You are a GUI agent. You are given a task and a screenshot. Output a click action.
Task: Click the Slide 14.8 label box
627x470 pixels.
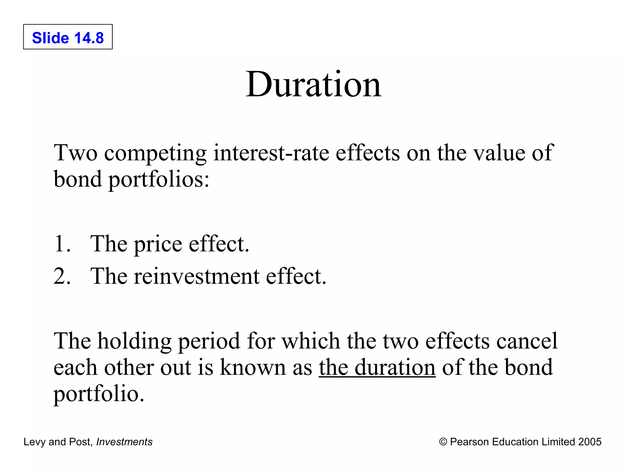coord(68,37)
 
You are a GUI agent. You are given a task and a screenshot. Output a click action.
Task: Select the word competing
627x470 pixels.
coord(155,153)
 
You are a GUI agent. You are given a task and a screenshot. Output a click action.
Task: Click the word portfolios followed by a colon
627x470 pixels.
coord(159,179)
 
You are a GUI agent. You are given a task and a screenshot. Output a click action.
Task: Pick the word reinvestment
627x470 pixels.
coord(197,276)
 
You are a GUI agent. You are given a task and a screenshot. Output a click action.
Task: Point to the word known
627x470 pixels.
coord(253,367)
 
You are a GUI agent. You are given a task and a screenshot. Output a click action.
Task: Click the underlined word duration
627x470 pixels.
coord(395,367)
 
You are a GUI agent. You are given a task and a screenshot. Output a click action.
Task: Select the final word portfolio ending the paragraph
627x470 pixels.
coord(99,394)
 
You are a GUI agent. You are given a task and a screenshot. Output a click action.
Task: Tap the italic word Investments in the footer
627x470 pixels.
coord(124,442)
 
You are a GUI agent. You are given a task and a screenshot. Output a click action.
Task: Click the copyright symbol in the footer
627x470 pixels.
coord(443,442)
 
